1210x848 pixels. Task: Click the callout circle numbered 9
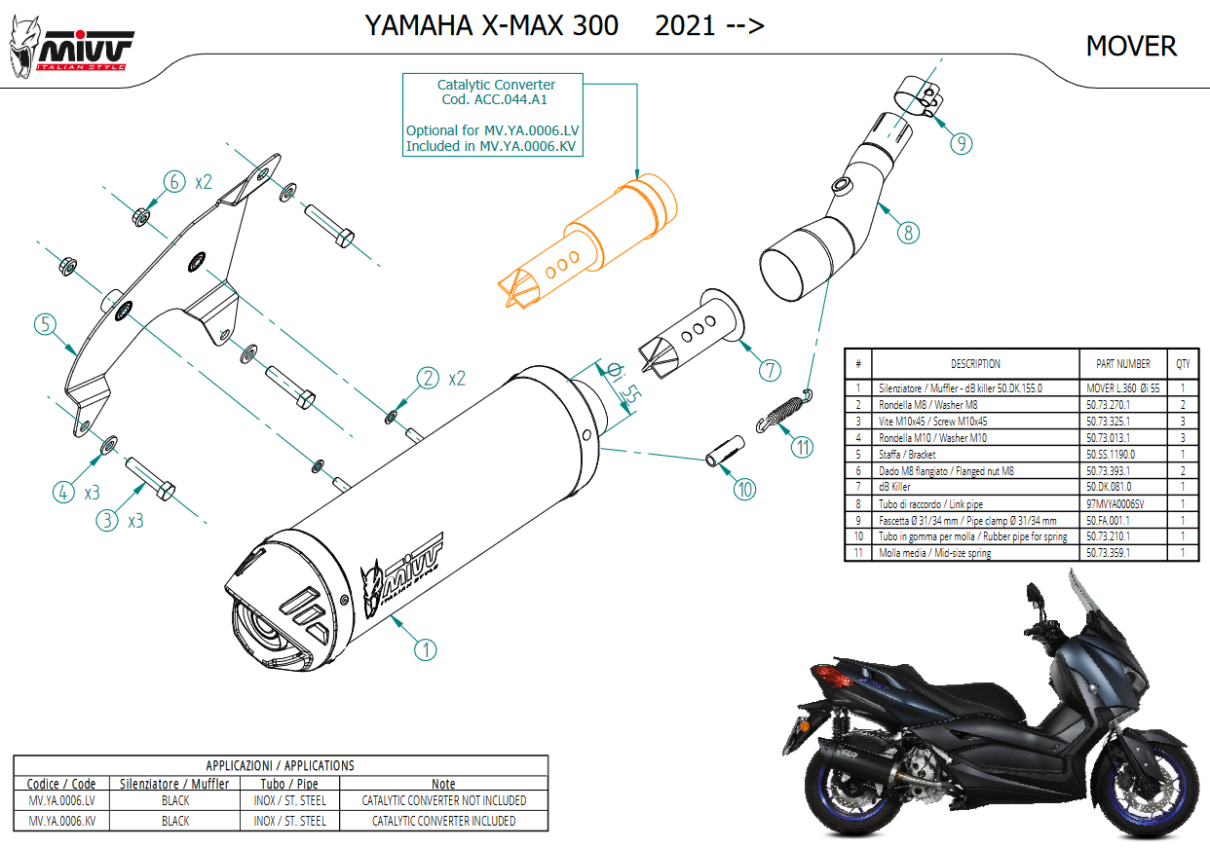tap(961, 144)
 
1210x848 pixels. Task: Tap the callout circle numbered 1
tap(425, 647)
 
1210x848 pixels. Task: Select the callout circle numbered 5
tap(45, 324)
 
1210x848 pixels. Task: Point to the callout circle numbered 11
tap(801, 447)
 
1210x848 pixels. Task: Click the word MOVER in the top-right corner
tap(1130, 46)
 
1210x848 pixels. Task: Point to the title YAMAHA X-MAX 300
tap(491, 25)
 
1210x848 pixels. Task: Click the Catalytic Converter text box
tap(496, 116)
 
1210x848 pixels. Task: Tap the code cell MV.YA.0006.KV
tap(62, 820)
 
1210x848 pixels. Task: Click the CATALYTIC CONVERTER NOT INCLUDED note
tap(443, 800)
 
